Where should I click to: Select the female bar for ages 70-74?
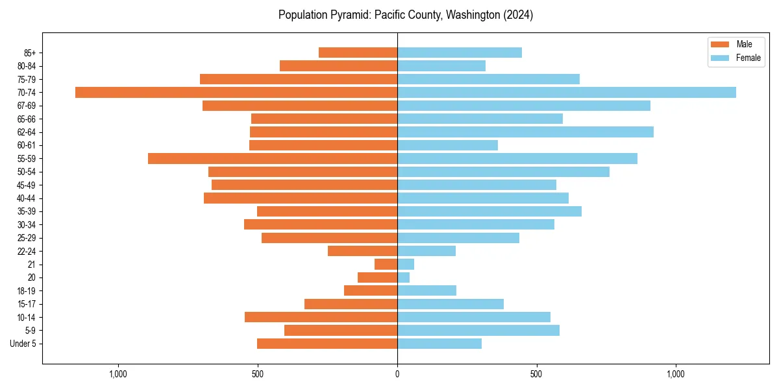[566, 92]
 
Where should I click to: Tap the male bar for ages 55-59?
[272, 158]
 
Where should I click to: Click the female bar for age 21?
[406, 264]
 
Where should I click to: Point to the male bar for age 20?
[377, 277]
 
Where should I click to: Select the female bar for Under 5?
[439, 344]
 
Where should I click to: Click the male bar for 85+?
[358, 53]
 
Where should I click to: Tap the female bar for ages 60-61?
[447, 145]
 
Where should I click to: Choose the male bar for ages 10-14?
[321, 317]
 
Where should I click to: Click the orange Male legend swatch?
[720, 44]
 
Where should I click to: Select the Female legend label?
[748, 58]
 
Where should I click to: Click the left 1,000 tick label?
[117, 374]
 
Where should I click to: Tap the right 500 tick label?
[536, 374]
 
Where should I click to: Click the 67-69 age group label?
[27, 106]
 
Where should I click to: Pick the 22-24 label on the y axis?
[27, 251]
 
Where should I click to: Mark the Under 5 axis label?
[23, 344]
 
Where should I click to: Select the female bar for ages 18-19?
[427, 290]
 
